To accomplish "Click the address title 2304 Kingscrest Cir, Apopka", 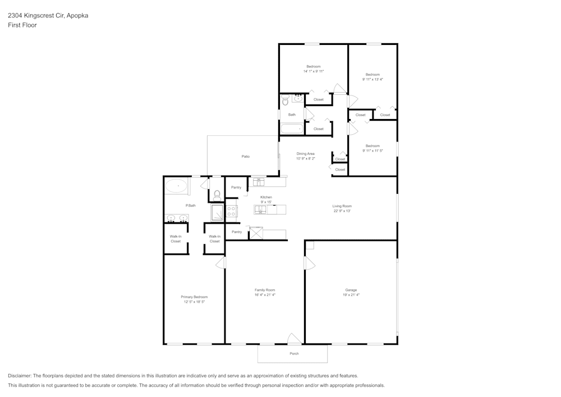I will pyautogui.click(x=48, y=16).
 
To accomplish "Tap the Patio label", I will pyautogui.click(x=246, y=156).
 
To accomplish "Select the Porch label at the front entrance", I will pyautogui.click(x=294, y=354).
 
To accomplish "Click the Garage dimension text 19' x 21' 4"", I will pyautogui.click(x=351, y=295).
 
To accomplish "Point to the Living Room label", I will pyautogui.click(x=341, y=206).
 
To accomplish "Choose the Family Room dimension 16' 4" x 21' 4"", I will pyautogui.click(x=265, y=295).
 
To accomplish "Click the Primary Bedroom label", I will pyautogui.click(x=194, y=297).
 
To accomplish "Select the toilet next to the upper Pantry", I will pyautogui.click(x=217, y=195).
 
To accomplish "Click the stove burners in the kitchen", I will pyautogui.click(x=232, y=211).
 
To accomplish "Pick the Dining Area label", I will pyautogui.click(x=306, y=153).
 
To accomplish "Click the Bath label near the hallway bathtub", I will pyautogui.click(x=292, y=115).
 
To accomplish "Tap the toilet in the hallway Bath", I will pyautogui.click(x=285, y=101).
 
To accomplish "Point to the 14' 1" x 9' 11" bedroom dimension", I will pyautogui.click(x=314, y=71).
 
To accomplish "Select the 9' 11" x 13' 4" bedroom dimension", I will pyautogui.click(x=373, y=79).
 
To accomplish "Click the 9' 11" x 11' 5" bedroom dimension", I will pyautogui.click(x=373, y=150).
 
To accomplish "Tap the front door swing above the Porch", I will pyautogui.click(x=294, y=339).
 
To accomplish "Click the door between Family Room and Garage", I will pyautogui.click(x=309, y=263).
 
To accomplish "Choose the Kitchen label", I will pyautogui.click(x=266, y=197).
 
